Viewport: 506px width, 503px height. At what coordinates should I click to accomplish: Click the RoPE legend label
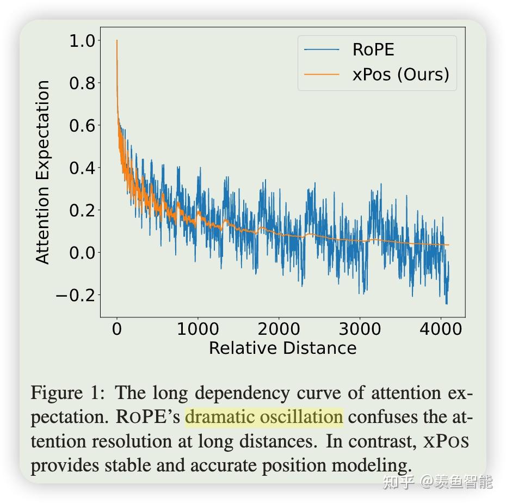(x=373, y=50)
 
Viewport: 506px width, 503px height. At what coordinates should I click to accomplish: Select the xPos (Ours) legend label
(x=401, y=74)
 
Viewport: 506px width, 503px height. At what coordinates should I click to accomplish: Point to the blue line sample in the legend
(x=322, y=50)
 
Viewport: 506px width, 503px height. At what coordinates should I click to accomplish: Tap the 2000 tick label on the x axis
(x=279, y=329)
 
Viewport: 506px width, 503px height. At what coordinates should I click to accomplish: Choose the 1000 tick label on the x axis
(x=198, y=329)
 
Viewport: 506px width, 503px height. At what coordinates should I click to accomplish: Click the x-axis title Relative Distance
(x=282, y=348)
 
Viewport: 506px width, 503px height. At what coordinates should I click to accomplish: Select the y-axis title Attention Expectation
(x=43, y=172)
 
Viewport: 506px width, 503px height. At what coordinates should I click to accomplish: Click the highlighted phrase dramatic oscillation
(x=264, y=418)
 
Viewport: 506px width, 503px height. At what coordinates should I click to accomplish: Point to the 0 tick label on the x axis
(x=117, y=329)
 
